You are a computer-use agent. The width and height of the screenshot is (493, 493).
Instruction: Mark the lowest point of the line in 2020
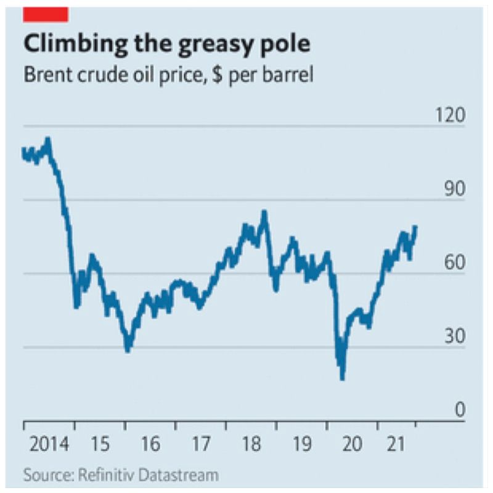click(x=342, y=378)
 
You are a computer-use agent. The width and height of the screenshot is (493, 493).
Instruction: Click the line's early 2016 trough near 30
click(x=128, y=350)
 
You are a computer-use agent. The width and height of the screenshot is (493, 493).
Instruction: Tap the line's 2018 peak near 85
click(x=264, y=213)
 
